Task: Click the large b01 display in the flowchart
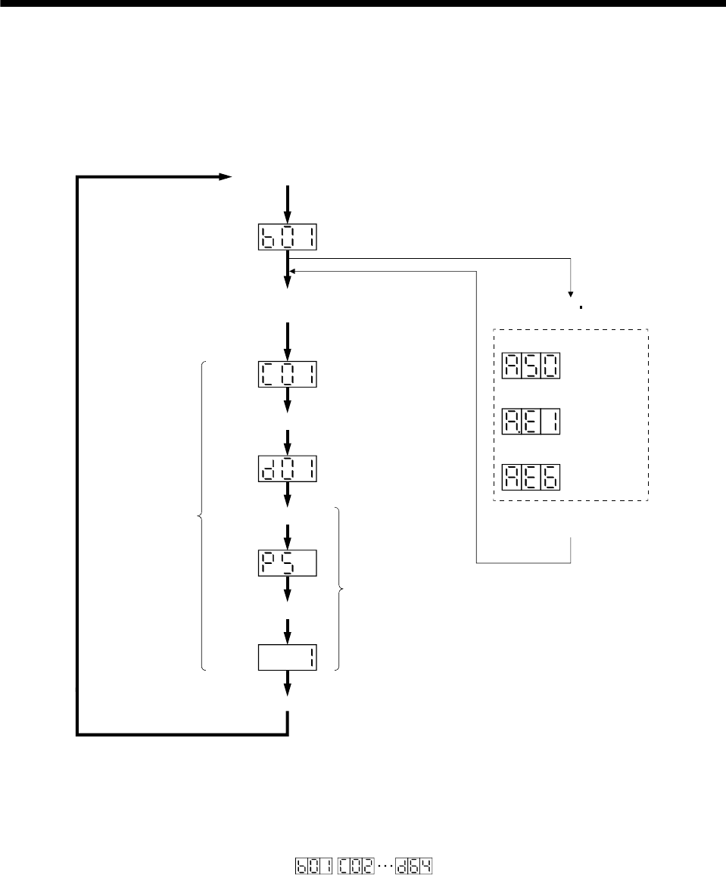pyautogui.click(x=287, y=238)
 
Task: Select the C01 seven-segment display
pyautogui.click(x=287, y=375)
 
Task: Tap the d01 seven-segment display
pyautogui.click(x=287, y=471)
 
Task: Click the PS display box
pyautogui.click(x=287, y=564)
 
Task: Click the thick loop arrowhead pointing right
pyautogui.click(x=224, y=177)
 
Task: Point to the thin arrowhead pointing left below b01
pyautogui.click(x=293, y=270)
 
